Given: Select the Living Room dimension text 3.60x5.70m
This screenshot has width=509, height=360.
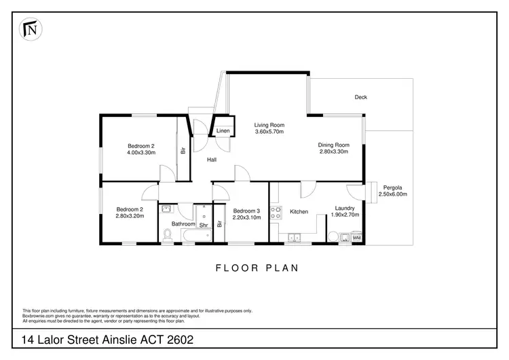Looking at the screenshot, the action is (x=269, y=132).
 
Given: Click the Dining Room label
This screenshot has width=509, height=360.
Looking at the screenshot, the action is (x=334, y=145).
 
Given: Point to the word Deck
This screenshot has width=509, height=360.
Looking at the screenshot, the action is (x=361, y=97).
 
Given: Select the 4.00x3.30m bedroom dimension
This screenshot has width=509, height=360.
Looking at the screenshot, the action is (x=142, y=153).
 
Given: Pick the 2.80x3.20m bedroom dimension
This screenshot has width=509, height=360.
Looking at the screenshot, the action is (x=129, y=216).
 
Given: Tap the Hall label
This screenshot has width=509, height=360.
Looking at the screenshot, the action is (x=212, y=160).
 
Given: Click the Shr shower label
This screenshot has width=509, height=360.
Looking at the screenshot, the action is (x=203, y=224).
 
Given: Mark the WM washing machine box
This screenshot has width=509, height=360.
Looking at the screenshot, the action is (x=356, y=237).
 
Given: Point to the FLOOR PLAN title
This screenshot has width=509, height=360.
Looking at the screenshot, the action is (x=257, y=268).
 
